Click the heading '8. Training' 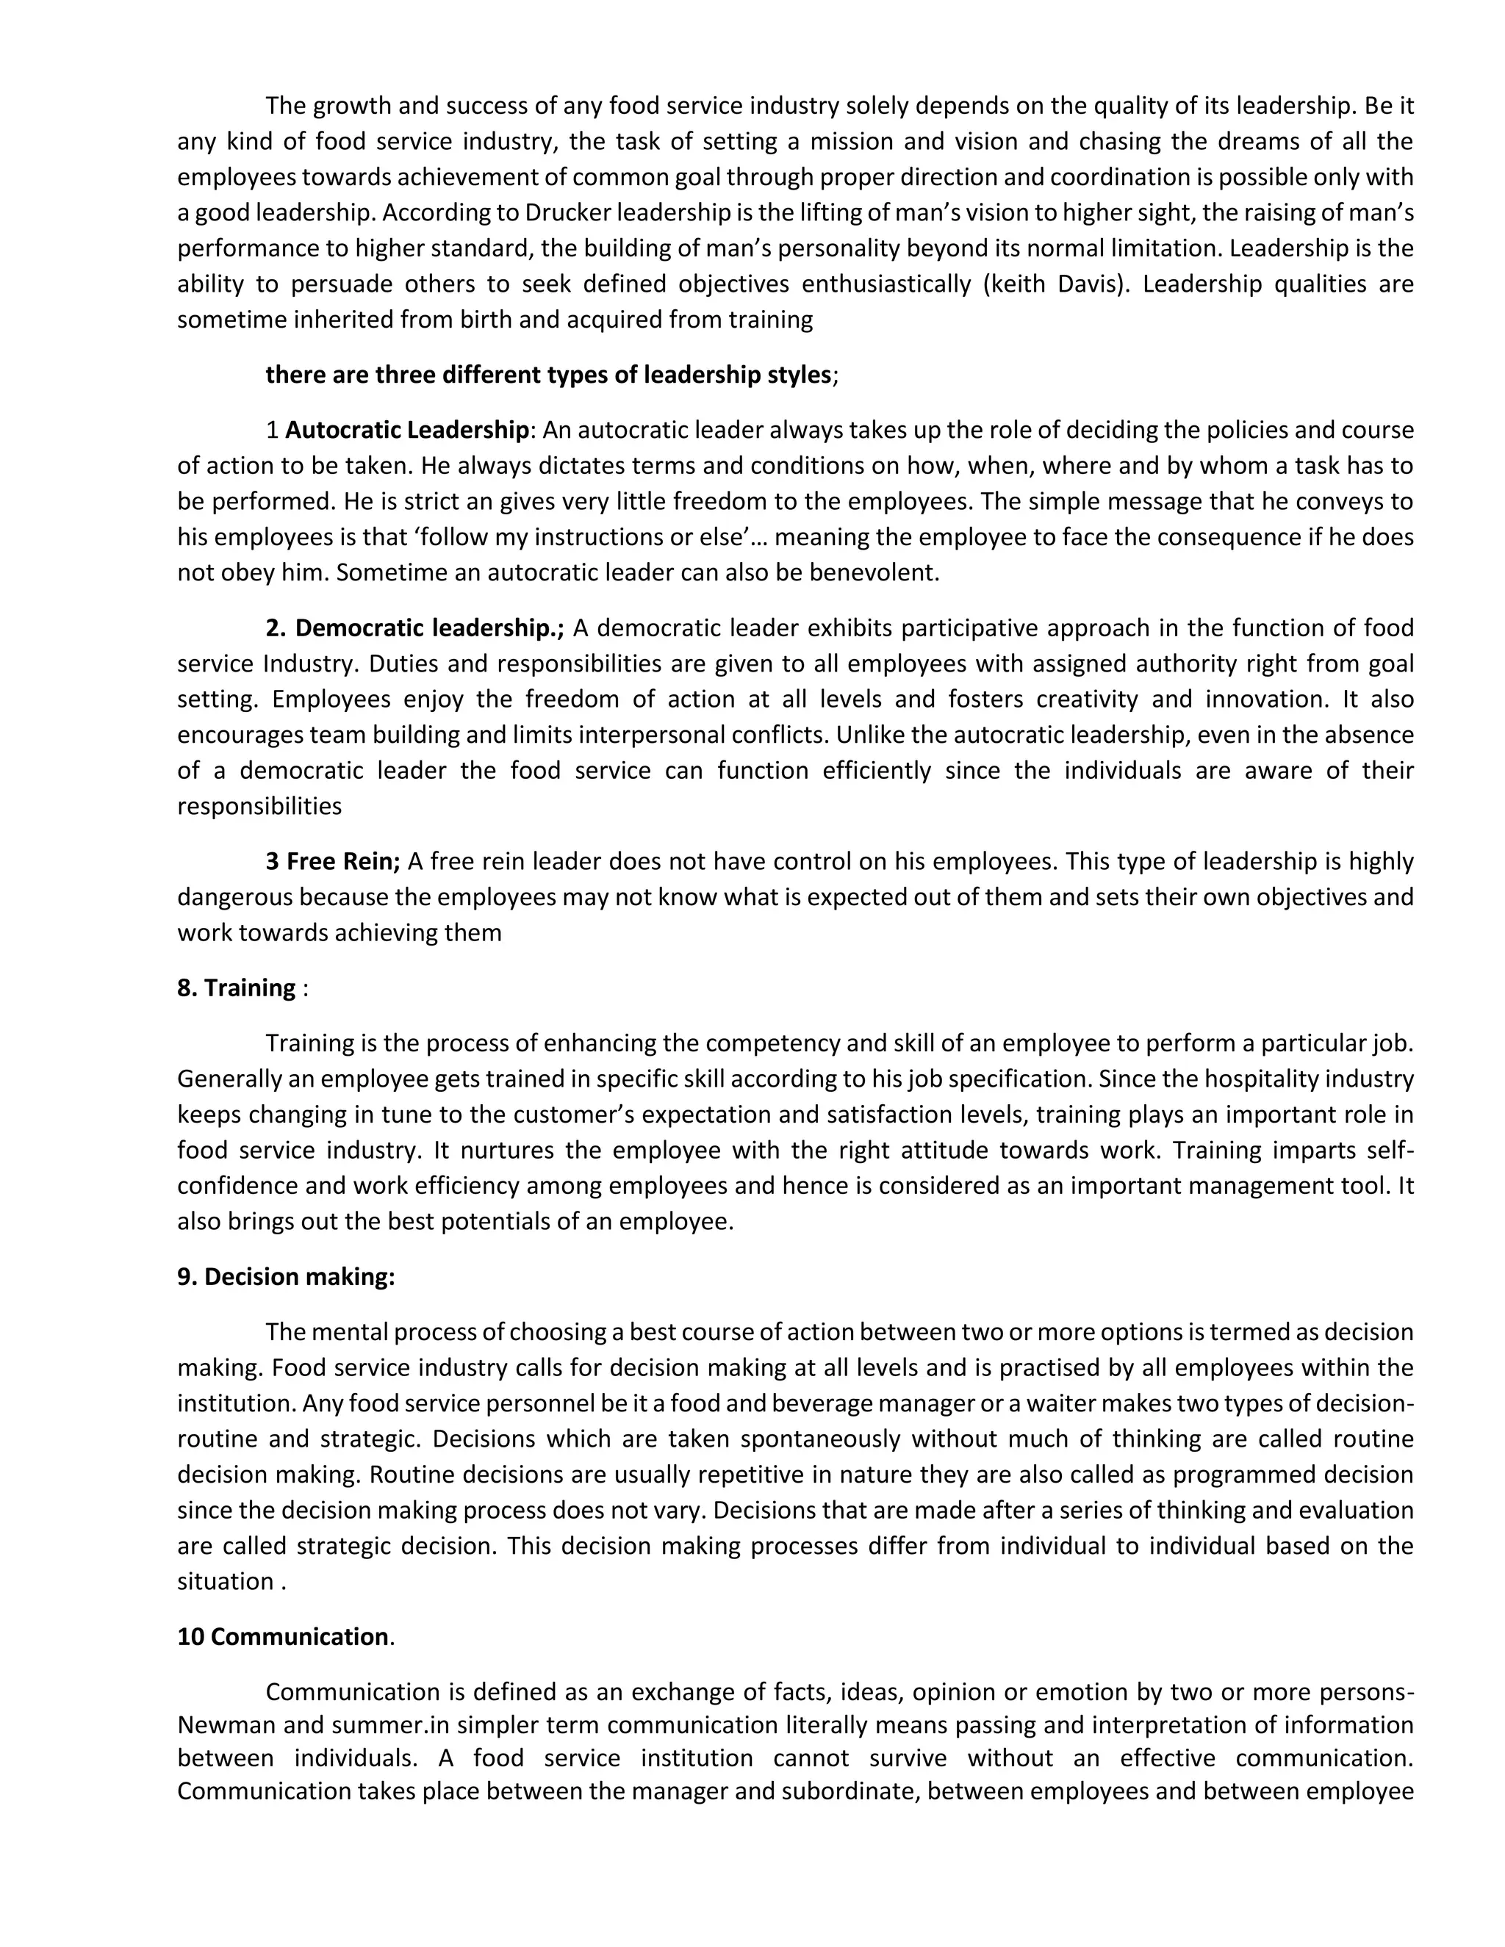pos(237,987)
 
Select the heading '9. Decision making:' pos(285,1277)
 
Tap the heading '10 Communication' pos(283,1637)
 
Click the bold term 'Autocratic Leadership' pos(406,430)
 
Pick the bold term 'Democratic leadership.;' pos(414,627)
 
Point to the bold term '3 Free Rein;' pos(333,861)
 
